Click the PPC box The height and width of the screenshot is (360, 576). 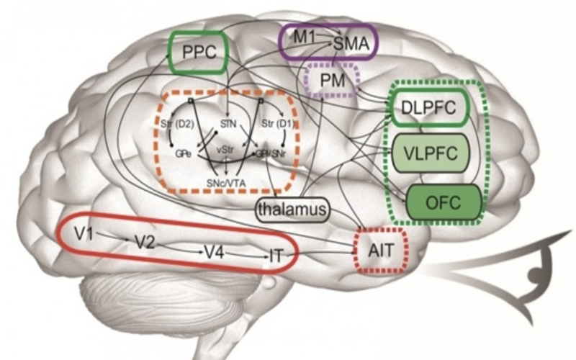pyautogui.click(x=197, y=52)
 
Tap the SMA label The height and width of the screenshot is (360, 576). pyautogui.click(x=351, y=44)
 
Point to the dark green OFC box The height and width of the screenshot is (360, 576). pyautogui.click(x=444, y=199)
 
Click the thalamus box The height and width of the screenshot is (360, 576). pyautogui.click(x=292, y=209)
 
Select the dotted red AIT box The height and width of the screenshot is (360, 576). pyautogui.click(x=382, y=250)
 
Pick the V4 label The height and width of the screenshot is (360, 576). pyautogui.click(x=212, y=252)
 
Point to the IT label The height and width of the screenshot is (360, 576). pyautogui.click(x=277, y=256)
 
